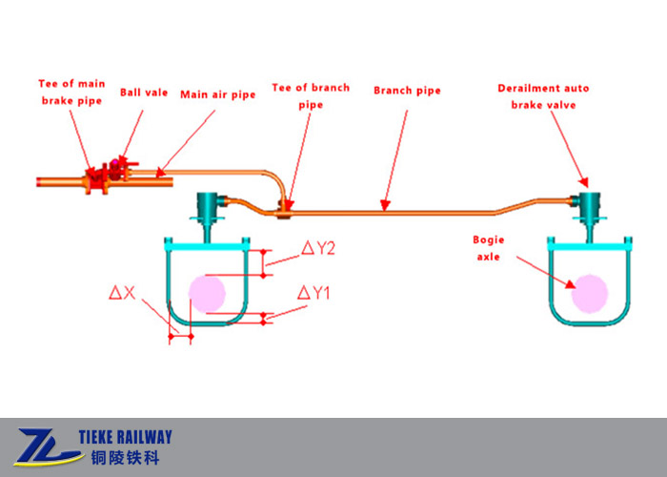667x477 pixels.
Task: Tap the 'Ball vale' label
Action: [x=144, y=93]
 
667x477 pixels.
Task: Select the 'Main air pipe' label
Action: [x=218, y=94]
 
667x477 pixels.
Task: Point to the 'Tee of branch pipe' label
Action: [x=311, y=94]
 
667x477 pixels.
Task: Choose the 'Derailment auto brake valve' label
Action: [x=543, y=95]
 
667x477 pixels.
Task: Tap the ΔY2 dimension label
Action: [x=318, y=248]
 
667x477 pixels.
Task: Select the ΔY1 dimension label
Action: [x=313, y=293]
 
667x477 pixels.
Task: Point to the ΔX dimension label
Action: [x=121, y=293]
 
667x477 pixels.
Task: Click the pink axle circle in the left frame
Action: [x=207, y=293]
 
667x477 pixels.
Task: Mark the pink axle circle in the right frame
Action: [x=589, y=293]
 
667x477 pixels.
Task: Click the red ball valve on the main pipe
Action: [x=117, y=168]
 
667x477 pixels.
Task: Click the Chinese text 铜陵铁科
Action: [x=121, y=458]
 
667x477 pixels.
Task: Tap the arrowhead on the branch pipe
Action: [x=383, y=204]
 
